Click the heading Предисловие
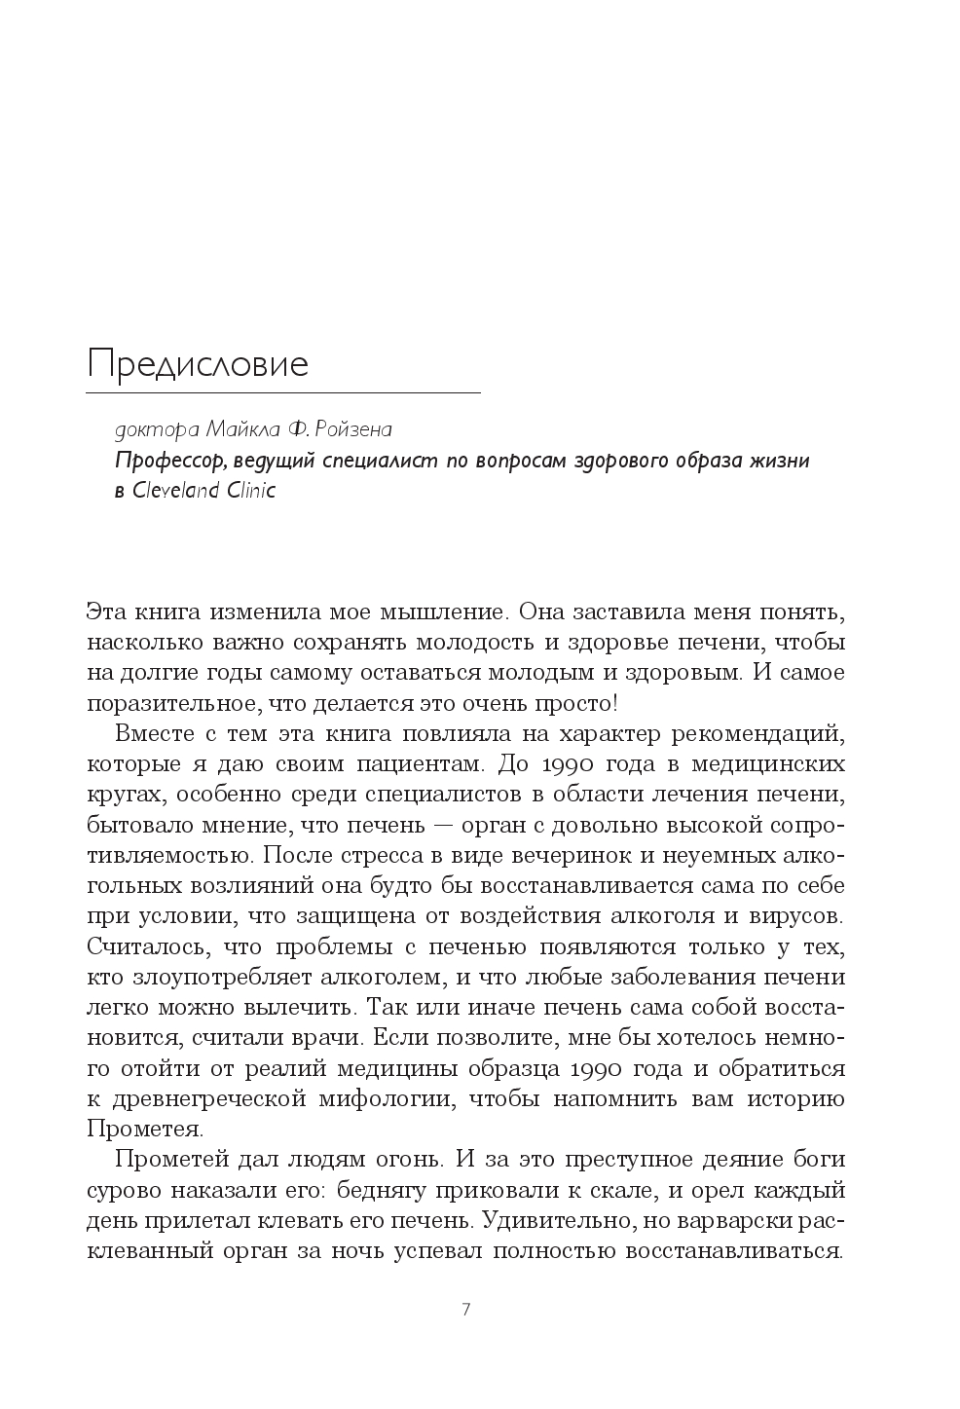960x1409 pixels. [x=198, y=364]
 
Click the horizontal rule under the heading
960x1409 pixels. [x=282, y=393]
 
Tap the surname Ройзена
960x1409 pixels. [x=354, y=429]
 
